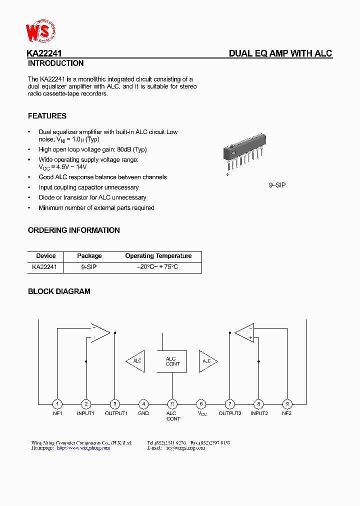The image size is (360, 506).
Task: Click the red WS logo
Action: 40,31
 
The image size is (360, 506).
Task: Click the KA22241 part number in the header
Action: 44,53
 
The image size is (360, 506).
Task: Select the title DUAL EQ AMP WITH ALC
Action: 280,53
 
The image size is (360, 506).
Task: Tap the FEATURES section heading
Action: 47,116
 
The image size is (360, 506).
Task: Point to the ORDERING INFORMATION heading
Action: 73,230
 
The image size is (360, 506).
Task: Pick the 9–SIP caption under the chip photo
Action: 277,185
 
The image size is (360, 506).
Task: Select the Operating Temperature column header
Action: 158,256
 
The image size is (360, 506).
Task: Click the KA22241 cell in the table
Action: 44,267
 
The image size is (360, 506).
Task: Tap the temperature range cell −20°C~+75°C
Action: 158,267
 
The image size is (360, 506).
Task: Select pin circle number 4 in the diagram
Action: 143,404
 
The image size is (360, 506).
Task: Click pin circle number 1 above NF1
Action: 57,404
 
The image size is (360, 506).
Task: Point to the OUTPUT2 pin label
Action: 230,413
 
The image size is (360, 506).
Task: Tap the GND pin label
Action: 143,413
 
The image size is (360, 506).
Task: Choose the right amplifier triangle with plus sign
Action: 246,333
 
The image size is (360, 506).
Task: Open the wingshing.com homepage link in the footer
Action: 83,448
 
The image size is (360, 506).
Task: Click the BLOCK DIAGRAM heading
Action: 59,291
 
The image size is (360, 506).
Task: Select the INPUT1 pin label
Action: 85,413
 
